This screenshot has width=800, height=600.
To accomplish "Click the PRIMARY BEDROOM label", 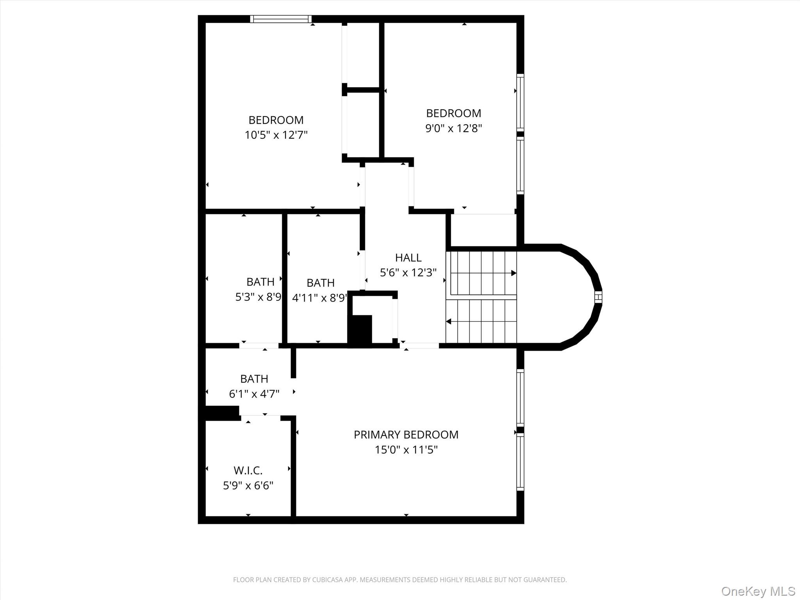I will (x=406, y=434).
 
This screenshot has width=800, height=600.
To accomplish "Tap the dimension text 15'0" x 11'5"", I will (x=406, y=450).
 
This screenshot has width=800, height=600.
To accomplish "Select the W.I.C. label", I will (x=248, y=470).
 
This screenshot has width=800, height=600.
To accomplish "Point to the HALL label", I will (x=408, y=257).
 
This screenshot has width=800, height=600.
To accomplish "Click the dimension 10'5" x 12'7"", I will (x=276, y=135).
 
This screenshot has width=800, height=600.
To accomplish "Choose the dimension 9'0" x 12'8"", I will (x=454, y=128).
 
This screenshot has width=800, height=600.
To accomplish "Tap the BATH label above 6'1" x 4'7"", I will (x=254, y=379).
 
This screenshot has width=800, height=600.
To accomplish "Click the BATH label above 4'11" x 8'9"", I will (x=320, y=282).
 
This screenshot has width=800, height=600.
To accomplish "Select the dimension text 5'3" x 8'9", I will (x=258, y=297).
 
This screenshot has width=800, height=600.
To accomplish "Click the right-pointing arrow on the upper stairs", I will (x=513, y=273).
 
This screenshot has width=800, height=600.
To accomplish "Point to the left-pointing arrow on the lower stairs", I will (x=449, y=321).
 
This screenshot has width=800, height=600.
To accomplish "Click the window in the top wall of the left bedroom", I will (x=280, y=19).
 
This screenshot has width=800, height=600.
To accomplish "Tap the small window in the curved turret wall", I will (x=598, y=297).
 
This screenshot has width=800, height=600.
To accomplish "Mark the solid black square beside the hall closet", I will (x=360, y=329).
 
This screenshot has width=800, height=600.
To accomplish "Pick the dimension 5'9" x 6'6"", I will (x=248, y=486).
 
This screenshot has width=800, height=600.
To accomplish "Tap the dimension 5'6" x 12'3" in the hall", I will (x=408, y=272).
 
